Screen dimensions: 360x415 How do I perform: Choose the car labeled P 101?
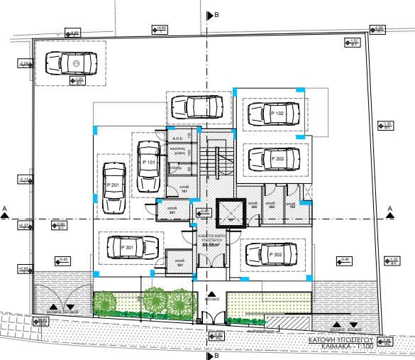148,165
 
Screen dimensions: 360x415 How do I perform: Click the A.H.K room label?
179,138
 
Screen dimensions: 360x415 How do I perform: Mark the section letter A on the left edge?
5,209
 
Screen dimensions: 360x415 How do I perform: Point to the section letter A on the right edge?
389,209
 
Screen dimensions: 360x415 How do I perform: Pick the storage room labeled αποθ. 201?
172,209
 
